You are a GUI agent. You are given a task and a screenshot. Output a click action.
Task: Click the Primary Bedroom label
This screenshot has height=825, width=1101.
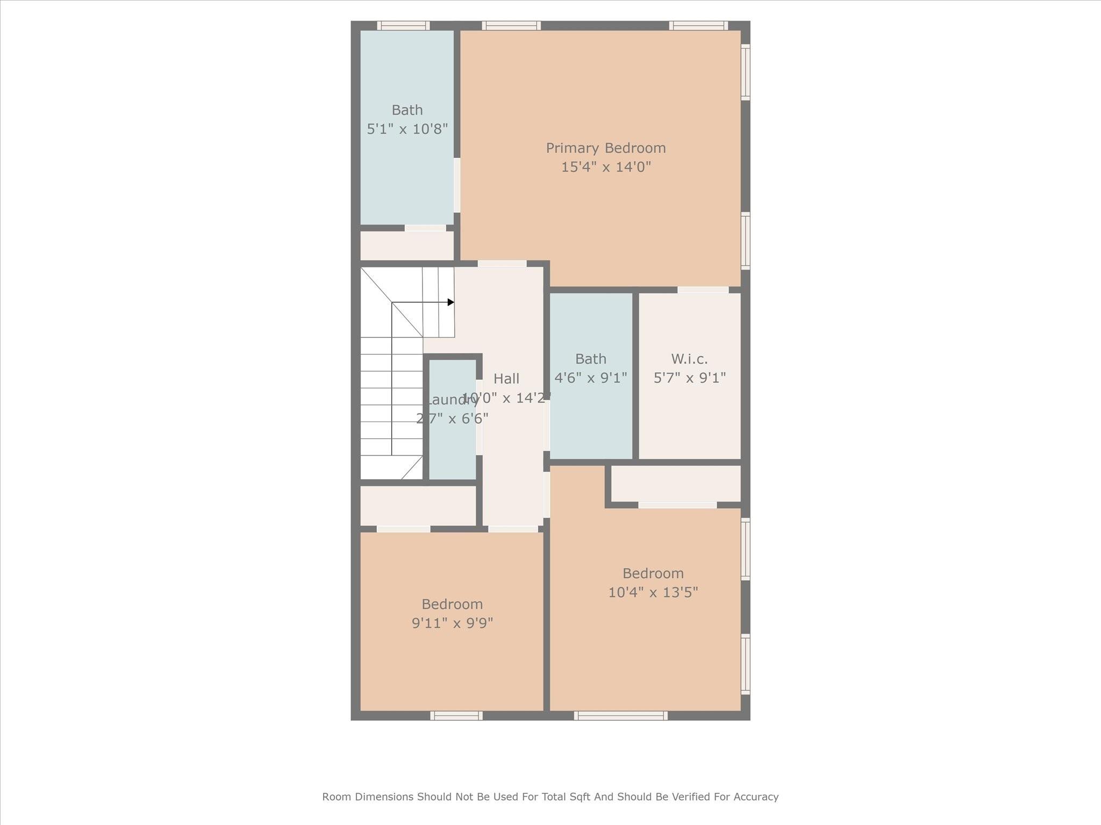tap(606, 148)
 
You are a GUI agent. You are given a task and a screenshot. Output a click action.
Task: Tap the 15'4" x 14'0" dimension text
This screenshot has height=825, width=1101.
tap(606, 167)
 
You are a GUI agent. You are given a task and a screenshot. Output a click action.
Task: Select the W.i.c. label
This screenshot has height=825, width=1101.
tap(689, 359)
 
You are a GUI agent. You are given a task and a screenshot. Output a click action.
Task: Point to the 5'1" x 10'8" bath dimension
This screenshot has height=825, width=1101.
tap(407, 129)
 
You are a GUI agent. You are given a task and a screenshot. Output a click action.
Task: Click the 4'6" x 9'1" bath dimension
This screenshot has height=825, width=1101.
tap(590, 378)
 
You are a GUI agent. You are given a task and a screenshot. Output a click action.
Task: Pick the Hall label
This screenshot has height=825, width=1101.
tap(506, 379)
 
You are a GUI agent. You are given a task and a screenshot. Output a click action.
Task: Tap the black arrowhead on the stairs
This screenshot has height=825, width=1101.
tap(451, 302)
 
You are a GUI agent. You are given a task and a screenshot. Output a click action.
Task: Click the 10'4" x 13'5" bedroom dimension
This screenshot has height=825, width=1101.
tap(653, 592)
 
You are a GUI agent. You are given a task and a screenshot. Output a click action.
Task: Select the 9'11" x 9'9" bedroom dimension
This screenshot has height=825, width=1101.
tap(452, 623)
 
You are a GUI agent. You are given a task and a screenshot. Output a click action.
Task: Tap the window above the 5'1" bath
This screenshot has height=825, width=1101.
tap(403, 25)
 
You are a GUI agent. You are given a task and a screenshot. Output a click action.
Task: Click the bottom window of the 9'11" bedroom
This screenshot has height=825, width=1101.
tap(456, 715)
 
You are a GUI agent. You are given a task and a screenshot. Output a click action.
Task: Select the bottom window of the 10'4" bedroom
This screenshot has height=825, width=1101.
tap(620, 715)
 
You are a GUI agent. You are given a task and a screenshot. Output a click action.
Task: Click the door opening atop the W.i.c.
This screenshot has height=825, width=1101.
tap(703, 290)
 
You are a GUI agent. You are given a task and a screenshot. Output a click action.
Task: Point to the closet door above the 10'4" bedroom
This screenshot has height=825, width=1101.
tap(677, 505)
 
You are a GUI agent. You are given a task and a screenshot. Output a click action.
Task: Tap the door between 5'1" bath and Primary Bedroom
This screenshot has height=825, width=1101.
tap(457, 185)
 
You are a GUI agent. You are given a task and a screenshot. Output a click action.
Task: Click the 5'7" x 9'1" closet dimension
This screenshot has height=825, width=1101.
tap(689, 378)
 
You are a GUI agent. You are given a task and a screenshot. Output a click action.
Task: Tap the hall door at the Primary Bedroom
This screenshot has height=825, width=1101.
tap(502, 264)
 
